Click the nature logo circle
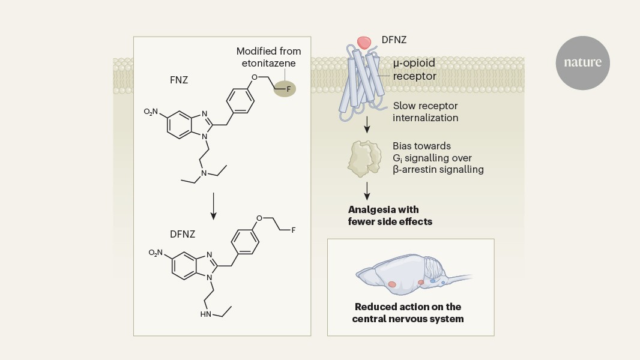point(582,62)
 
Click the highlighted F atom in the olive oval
point(288,89)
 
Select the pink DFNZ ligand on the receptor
point(364,41)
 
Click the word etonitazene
point(268,64)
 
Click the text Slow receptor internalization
point(425,112)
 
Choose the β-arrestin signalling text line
point(438,170)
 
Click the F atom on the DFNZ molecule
point(294,229)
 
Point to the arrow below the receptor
point(366,125)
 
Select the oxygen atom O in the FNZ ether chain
point(254,77)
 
